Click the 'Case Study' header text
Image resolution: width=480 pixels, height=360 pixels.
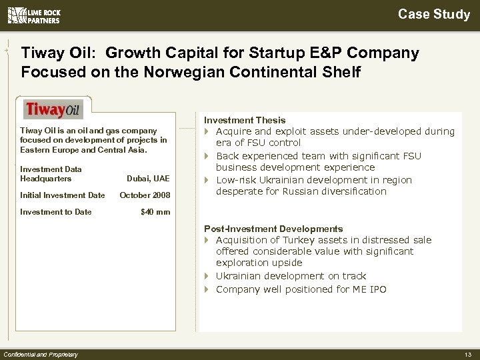click(434, 14)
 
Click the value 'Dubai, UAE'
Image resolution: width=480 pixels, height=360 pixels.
click(148, 179)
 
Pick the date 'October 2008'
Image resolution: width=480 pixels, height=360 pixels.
click(145, 195)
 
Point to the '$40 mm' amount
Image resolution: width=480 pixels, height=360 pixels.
click(155, 212)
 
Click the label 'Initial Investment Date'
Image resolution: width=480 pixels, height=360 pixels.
click(63, 195)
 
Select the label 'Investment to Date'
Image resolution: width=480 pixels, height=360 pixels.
click(56, 212)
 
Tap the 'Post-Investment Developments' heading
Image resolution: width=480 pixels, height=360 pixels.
click(273, 229)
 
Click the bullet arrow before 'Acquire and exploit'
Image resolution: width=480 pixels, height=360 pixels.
click(207, 131)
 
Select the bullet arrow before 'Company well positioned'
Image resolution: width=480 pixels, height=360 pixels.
click(207, 289)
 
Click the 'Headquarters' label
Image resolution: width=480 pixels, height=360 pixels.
click(46, 179)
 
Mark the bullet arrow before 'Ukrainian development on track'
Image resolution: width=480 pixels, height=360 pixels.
click(207, 276)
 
